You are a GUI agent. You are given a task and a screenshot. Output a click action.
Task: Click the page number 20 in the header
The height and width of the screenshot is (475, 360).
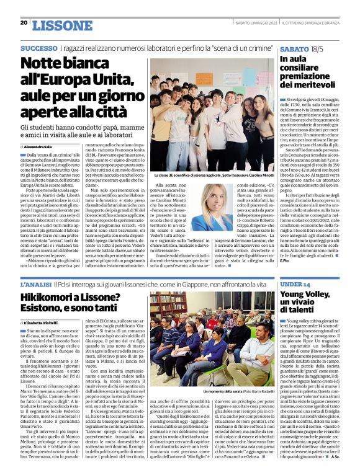coord(24,23)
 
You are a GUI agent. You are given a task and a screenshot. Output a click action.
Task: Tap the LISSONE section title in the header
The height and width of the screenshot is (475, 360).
coord(61,25)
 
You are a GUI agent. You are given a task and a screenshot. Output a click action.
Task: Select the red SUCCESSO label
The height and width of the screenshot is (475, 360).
coord(40,48)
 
